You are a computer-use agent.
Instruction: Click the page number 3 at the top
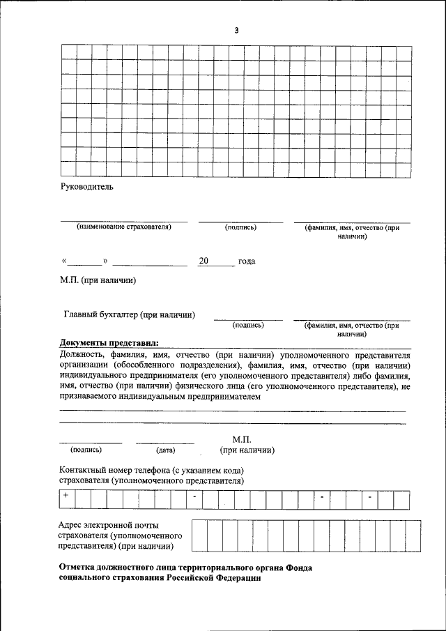pos(237,30)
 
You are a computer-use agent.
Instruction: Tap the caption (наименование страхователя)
pos(124,227)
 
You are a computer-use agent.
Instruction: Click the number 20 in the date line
pos(203,261)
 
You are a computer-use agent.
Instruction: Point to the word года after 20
pos(247,261)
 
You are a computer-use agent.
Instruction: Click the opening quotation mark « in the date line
pos(63,261)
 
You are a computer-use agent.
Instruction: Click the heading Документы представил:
pos(109,342)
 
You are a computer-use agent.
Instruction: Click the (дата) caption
pos(165,450)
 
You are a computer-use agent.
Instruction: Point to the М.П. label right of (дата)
pos(240,439)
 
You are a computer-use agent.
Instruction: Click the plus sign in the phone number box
pos(65,496)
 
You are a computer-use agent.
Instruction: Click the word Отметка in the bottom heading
pos(79,568)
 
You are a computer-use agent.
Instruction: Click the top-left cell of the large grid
pos(68,51)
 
